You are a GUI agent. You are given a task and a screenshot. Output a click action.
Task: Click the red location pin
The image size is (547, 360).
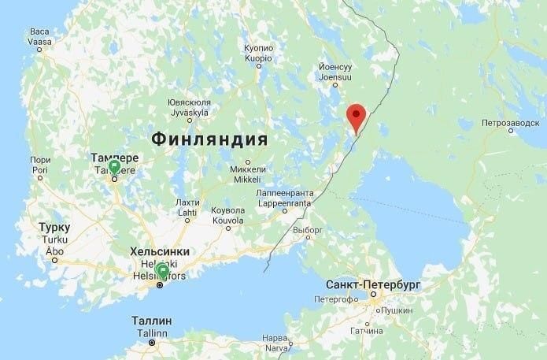pyautogui.click(x=357, y=117)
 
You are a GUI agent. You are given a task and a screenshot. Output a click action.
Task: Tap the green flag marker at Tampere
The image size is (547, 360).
pyautogui.click(x=114, y=167)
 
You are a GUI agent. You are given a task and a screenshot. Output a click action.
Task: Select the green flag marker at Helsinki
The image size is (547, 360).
pyautogui.click(x=163, y=272)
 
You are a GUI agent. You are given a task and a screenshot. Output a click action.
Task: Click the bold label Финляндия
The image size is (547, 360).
pyautogui.click(x=209, y=139)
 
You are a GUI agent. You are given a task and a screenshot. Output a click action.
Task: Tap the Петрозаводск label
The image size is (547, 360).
pyautogui.click(x=510, y=124)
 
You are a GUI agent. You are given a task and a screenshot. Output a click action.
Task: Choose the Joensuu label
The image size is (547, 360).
pyautogui.click(x=336, y=78)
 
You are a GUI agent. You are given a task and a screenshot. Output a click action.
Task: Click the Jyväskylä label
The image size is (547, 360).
pyautogui.click(x=189, y=113)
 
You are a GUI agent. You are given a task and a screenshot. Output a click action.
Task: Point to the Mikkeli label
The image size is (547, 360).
pyautogui.click(x=247, y=180)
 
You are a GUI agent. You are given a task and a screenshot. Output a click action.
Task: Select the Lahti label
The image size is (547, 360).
pyautogui.click(x=187, y=212)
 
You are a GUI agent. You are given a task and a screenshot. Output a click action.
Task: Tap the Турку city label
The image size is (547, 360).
pyautogui.click(x=54, y=228)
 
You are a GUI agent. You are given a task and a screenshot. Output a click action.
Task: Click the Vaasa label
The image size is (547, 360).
pyautogui.click(x=39, y=40)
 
